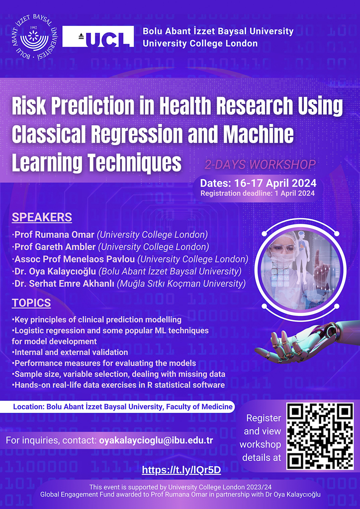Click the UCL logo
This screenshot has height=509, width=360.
click(98, 36)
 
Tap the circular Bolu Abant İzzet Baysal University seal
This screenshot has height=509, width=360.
click(34, 37)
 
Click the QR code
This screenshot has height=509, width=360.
click(320, 435)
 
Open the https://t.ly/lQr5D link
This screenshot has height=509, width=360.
click(181, 470)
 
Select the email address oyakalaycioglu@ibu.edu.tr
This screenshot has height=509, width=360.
click(156, 440)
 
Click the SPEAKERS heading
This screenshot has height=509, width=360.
click(42, 217)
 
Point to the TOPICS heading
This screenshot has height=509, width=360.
click(31, 303)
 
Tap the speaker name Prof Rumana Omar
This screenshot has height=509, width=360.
click(54, 235)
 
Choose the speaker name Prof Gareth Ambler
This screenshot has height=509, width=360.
click(55, 247)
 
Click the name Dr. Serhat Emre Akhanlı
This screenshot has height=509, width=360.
click(64, 283)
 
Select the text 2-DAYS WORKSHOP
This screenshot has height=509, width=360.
click(260, 164)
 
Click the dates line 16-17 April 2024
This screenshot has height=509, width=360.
click(258, 183)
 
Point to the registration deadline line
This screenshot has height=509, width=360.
click(258, 193)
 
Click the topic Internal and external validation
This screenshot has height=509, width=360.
click(70, 352)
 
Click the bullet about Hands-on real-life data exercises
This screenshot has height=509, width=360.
click(118, 385)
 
